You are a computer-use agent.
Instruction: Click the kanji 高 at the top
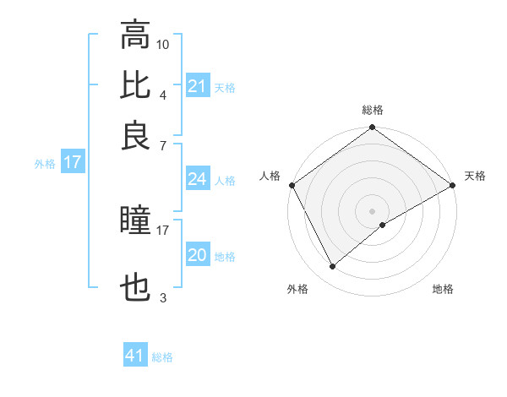(135, 35)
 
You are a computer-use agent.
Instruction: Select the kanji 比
(135, 85)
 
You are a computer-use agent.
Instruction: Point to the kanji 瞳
(135, 220)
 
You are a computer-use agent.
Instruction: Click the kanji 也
(135, 290)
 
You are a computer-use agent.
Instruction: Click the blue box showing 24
(197, 179)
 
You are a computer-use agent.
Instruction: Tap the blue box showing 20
(197, 256)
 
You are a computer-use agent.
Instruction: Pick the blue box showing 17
(72, 163)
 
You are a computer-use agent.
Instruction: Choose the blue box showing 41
(135, 356)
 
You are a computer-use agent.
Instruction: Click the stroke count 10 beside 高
(163, 43)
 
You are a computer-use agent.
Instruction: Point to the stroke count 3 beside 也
(162, 297)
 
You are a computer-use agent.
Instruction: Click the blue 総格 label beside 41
(162, 357)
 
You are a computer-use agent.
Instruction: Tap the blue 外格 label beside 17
(45, 164)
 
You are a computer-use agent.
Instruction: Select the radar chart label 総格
(373, 110)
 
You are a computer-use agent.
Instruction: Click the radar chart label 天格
(475, 176)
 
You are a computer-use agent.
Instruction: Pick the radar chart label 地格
(443, 290)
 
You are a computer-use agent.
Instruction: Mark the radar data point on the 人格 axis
(292, 185)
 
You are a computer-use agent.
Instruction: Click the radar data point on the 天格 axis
(453, 185)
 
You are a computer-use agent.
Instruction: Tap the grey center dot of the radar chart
(373, 210)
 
